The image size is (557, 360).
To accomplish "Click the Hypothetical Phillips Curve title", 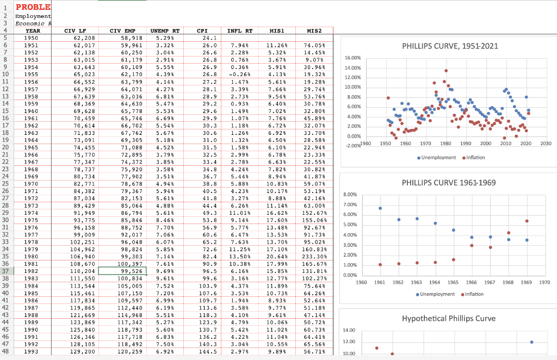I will (449, 318).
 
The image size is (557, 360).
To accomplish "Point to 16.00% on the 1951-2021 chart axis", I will (351, 57).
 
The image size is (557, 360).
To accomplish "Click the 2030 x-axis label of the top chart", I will (546, 143).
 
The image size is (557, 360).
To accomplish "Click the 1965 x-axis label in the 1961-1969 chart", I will (453, 282).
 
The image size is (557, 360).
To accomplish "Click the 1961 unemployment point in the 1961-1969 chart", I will (380, 208).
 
